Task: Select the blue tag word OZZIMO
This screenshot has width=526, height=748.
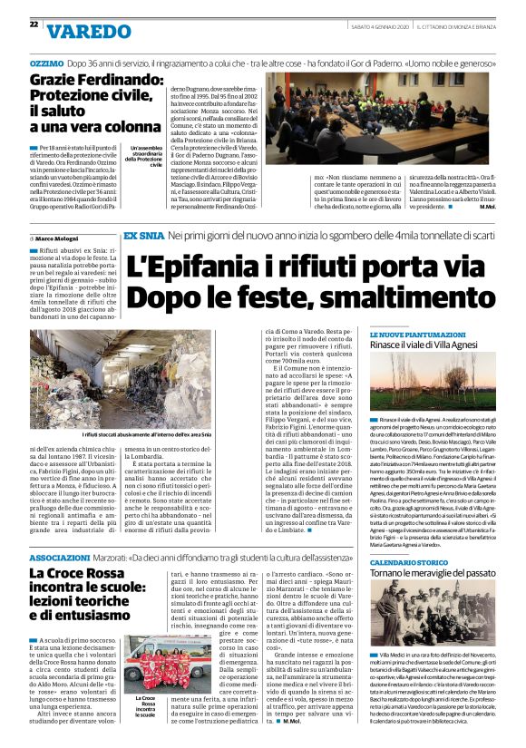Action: pos(45,64)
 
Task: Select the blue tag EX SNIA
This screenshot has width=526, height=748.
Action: pos(142,236)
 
